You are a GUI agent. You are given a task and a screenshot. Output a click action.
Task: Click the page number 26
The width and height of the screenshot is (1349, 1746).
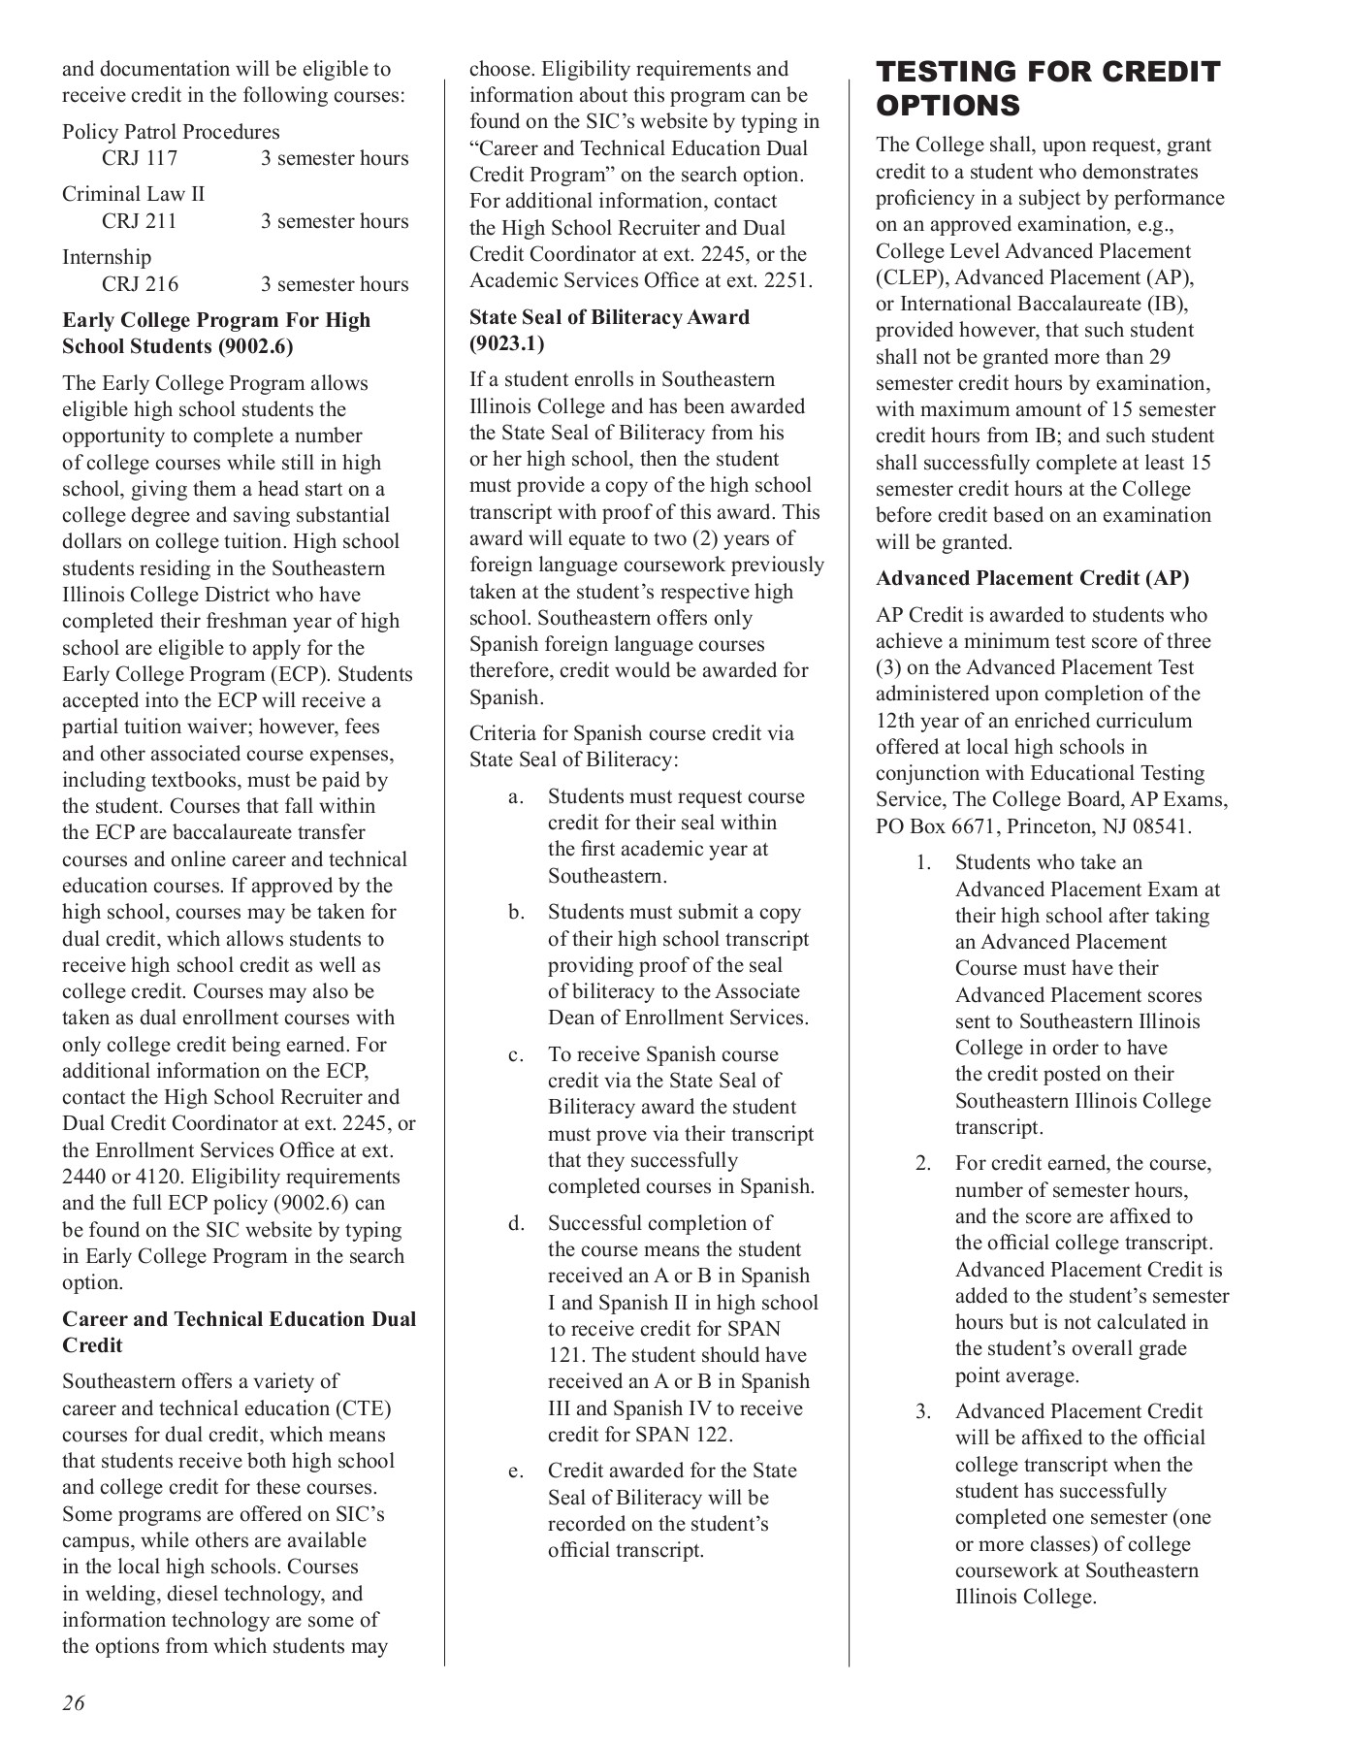coord(74,1702)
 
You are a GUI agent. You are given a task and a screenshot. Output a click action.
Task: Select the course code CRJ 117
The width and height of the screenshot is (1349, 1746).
coord(140,158)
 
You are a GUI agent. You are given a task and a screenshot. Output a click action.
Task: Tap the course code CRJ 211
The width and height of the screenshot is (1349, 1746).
coord(140,221)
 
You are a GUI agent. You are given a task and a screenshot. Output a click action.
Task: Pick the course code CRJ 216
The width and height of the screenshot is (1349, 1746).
coord(140,284)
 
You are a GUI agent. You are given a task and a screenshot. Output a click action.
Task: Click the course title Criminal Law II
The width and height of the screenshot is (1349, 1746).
coord(134,194)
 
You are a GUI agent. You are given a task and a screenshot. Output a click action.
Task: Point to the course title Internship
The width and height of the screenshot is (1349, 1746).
coord(107,257)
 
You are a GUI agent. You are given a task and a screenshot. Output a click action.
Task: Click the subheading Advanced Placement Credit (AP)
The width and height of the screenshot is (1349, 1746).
coord(1032,578)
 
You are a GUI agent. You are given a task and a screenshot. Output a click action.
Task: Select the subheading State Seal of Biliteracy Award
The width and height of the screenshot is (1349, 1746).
coord(609,317)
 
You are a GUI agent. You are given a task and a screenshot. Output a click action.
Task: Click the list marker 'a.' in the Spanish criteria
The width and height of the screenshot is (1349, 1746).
coord(516,796)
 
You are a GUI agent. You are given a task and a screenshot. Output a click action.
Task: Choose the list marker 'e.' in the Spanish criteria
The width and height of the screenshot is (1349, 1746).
coord(516,1471)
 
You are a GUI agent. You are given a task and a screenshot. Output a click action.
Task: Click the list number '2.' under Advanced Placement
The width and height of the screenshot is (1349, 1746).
coord(923,1163)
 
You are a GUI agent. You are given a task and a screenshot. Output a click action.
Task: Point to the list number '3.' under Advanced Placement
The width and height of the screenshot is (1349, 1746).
coord(923,1411)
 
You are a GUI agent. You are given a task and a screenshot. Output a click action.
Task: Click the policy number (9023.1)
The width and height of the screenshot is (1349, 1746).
coord(506,343)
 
